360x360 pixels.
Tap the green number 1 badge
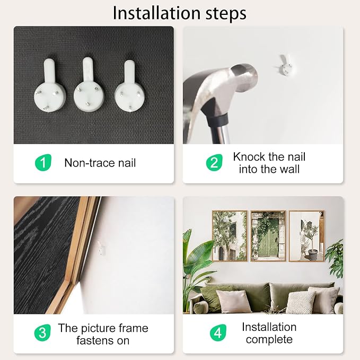pos(43,163)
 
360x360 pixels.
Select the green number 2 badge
pos(214,163)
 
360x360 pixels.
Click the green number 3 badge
pos(42,332)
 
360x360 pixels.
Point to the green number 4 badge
pos(218,332)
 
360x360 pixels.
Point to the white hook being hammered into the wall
pos(286,66)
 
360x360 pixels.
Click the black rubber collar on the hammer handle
pos(217,120)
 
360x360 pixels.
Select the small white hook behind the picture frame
pos(101,248)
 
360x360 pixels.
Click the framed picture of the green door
pos(268,236)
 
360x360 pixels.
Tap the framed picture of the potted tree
pos(306,236)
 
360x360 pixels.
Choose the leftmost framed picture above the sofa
pos(230,236)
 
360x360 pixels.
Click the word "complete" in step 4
pos(269,340)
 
